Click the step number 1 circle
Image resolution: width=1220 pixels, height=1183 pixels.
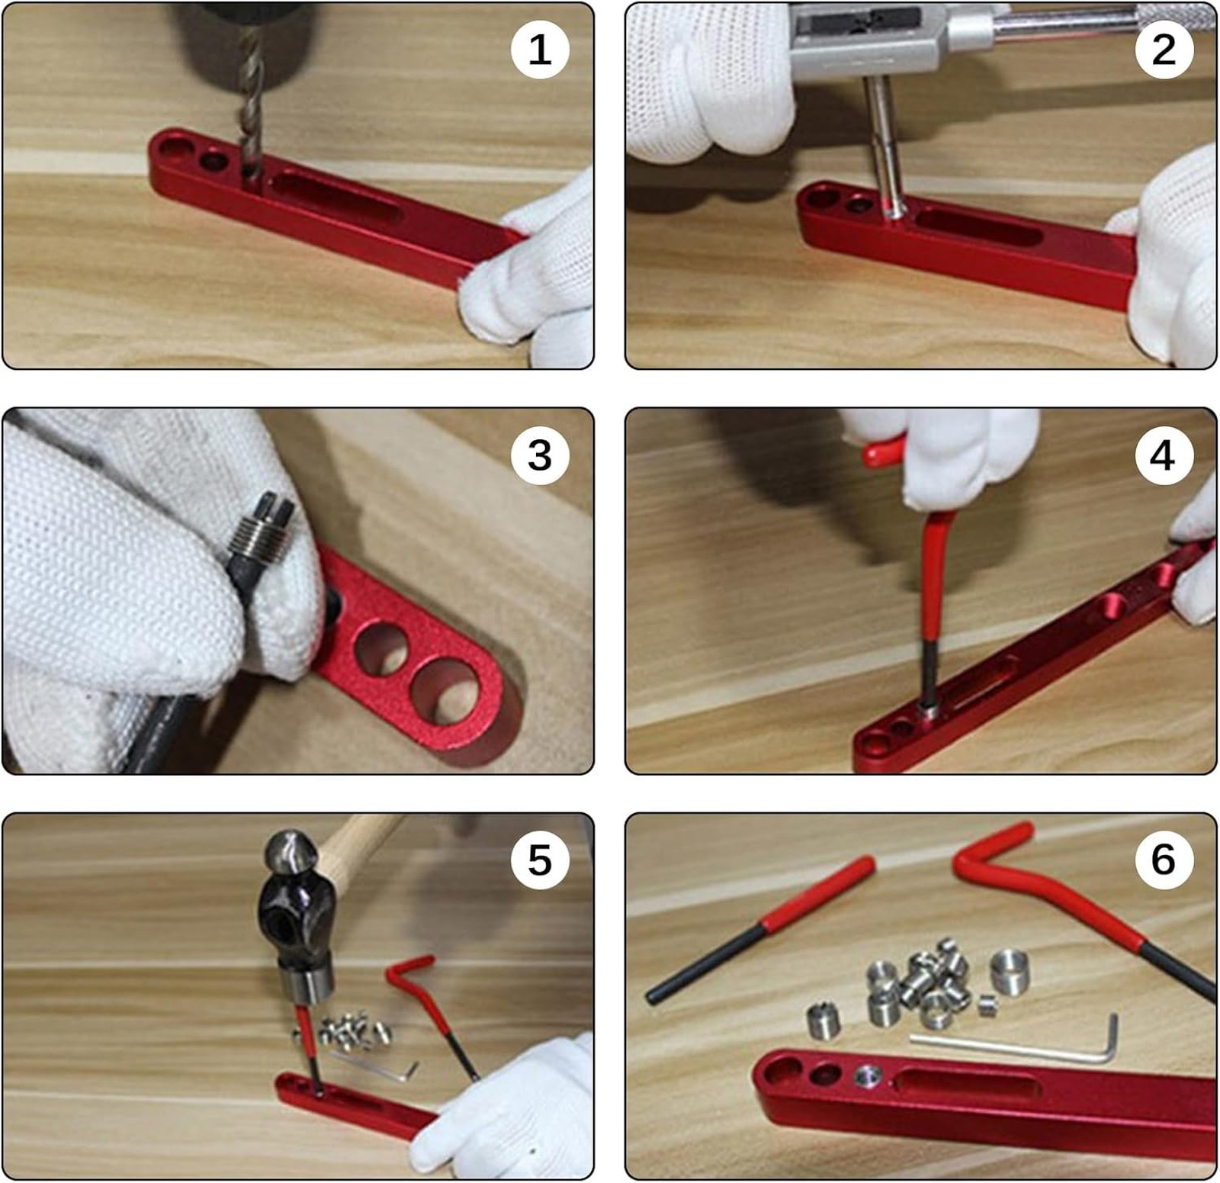[x=540, y=50]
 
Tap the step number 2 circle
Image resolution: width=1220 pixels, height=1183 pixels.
[x=1164, y=50]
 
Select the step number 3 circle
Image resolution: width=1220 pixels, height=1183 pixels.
[x=540, y=455]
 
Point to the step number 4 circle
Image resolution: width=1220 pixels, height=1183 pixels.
[x=1162, y=455]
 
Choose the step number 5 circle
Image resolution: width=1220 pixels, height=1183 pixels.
[x=540, y=860]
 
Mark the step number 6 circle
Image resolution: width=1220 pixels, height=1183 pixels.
[x=1164, y=860]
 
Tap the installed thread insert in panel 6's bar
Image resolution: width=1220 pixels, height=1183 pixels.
[x=867, y=1075]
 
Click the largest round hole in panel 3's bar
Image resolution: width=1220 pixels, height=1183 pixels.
[x=446, y=693]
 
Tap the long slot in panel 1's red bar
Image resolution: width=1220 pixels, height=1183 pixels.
[x=335, y=197]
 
